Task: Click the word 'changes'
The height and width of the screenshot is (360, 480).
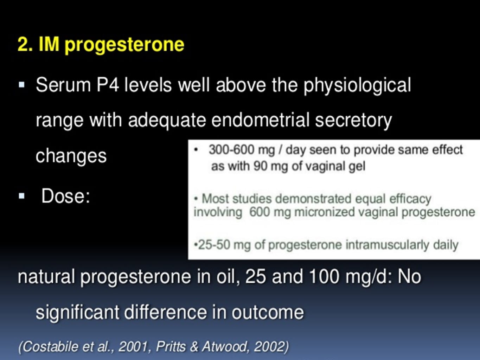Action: click(71, 156)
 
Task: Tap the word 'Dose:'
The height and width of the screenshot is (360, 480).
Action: click(66, 196)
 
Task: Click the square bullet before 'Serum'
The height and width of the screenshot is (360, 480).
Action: click(22, 85)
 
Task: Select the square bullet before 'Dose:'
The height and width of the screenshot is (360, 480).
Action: click(22, 196)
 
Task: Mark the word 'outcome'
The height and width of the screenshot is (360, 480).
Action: click(268, 312)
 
